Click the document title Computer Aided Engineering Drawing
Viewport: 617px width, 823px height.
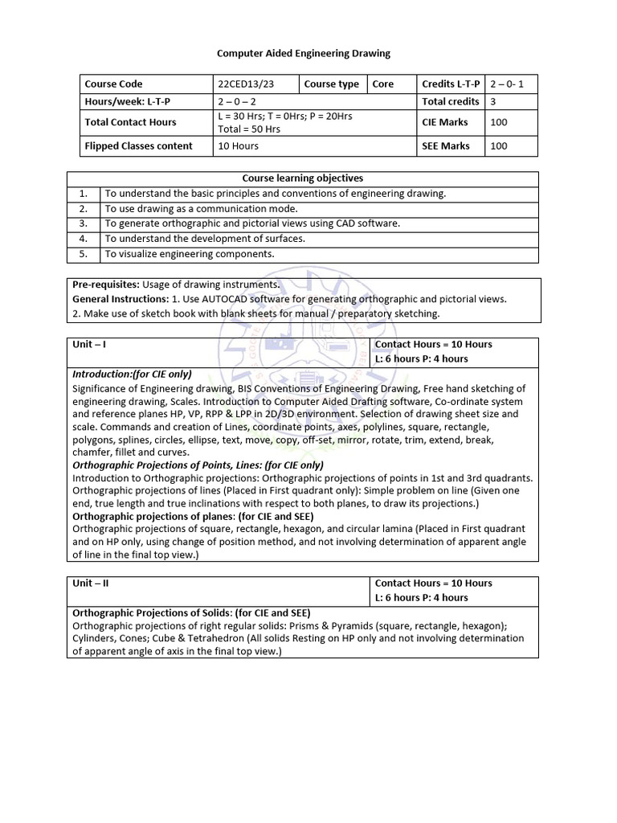tap(304, 53)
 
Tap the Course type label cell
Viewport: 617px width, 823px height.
tap(332, 84)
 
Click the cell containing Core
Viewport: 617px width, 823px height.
tap(383, 84)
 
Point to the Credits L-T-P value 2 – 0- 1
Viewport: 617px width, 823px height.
tap(512, 84)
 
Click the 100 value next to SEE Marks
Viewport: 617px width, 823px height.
tap(498, 145)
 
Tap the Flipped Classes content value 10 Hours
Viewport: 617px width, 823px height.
tap(238, 145)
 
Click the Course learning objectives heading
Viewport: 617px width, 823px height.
tap(303, 178)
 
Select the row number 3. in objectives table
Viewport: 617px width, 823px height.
tap(83, 223)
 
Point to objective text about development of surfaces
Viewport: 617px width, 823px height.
tap(205, 239)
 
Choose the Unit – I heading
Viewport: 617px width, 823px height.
tap(89, 344)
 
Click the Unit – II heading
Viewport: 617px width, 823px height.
tap(91, 583)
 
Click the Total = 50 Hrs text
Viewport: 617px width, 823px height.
tap(249, 128)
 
